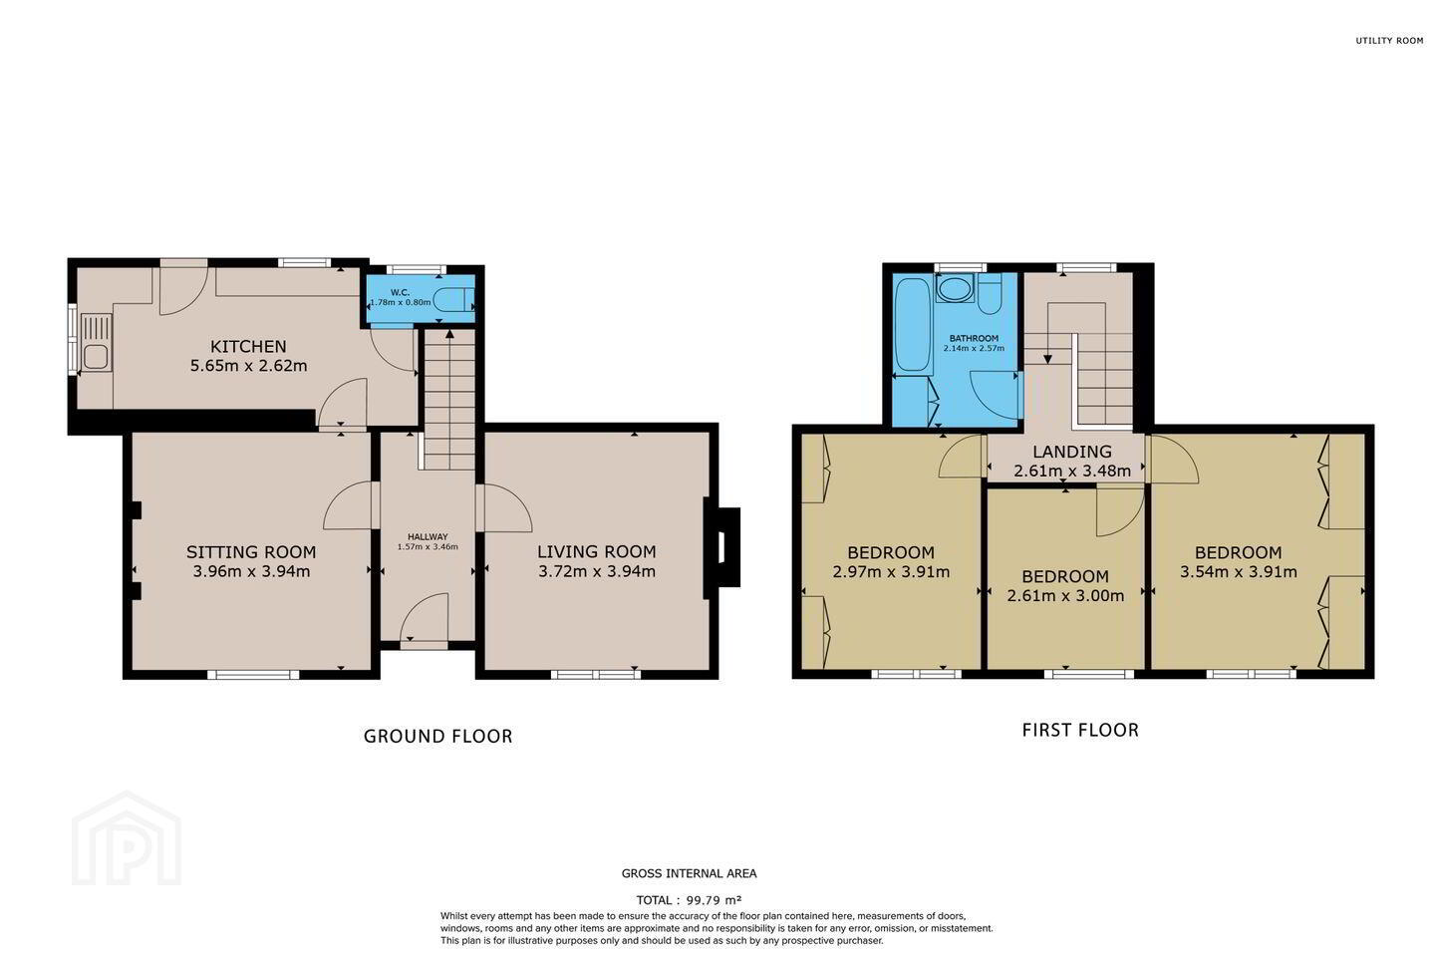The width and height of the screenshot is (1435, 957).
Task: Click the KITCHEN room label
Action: [x=248, y=347]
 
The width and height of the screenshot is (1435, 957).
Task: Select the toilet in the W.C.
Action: [x=453, y=299]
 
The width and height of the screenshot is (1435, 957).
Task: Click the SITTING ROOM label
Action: [x=251, y=552]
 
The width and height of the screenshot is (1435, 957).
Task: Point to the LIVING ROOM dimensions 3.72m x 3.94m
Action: [x=596, y=571]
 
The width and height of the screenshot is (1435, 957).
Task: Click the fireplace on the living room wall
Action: [x=722, y=547]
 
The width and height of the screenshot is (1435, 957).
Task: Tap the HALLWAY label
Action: [x=428, y=537]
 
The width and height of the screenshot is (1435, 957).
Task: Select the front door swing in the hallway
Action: [x=425, y=617]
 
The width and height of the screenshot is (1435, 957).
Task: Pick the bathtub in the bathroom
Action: [x=913, y=325]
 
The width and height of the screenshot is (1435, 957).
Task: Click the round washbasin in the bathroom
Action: [x=955, y=288]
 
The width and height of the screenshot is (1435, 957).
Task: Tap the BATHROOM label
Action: [x=974, y=339]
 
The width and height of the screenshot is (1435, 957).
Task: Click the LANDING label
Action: [x=1072, y=452]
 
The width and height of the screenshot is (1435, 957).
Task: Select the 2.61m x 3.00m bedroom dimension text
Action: [x=1065, y=596]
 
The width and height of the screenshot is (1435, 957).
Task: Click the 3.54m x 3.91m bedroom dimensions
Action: [x=1239, y=572]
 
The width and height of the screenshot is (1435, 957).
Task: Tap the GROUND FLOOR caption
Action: [x=438, y=737]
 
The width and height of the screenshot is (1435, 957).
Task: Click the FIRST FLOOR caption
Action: [x=1080, y=730]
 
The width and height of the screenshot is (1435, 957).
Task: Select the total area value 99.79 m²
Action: [x=715, y=900]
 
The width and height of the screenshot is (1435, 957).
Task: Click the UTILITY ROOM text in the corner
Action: [x=1389, y=41]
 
